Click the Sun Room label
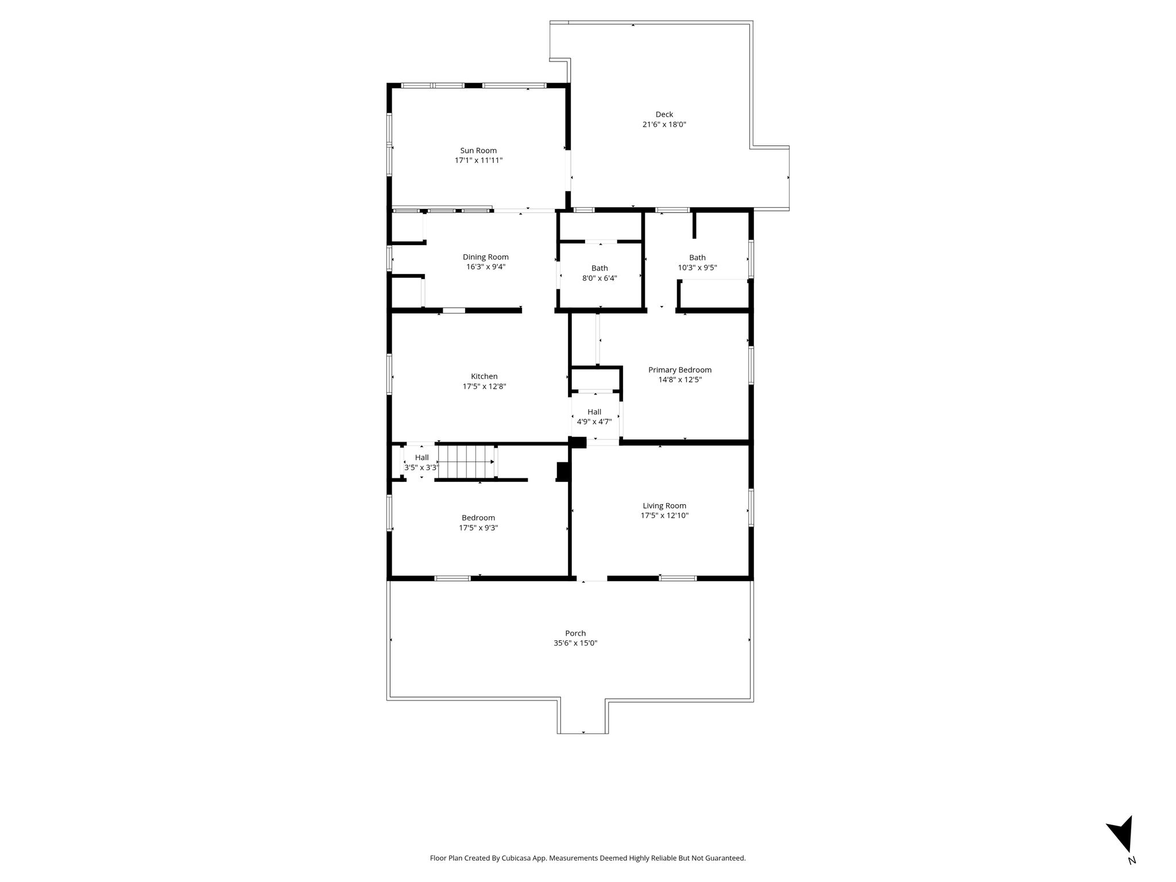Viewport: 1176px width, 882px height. click(x=478, y=150)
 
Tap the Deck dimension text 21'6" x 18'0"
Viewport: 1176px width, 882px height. click(x=664, y=124)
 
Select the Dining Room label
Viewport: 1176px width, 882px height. click(x=486, y=257)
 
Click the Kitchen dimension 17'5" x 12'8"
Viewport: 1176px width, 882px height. click(x=484, y=386)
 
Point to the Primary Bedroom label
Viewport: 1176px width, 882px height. click(x=680, y=370)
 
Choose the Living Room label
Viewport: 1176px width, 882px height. click(x=664, y=506)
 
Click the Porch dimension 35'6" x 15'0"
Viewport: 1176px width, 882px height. click(x=575, y=643)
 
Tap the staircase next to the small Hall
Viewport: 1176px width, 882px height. click(x=467, y=462)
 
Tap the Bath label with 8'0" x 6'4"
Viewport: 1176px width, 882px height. click(x=599, y=268)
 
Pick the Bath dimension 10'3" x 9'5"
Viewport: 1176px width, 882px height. click(x=698, y=268)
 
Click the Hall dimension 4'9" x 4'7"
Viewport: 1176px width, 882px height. click(x=594, y=421)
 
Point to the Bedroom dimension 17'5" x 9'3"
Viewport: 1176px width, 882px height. click(x=478, y=528)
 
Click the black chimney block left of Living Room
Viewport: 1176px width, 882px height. click(x=563, y=471)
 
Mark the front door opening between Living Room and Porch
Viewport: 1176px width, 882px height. click(x=592, y=579)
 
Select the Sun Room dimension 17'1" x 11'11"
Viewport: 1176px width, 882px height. click(x=479, y=160)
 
